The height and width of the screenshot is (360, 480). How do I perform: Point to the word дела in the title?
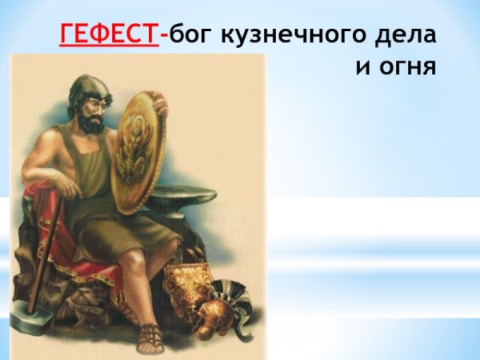pos(408,35)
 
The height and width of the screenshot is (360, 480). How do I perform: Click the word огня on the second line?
pos(406,66)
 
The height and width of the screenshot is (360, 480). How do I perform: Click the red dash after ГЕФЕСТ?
pos(164,37)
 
